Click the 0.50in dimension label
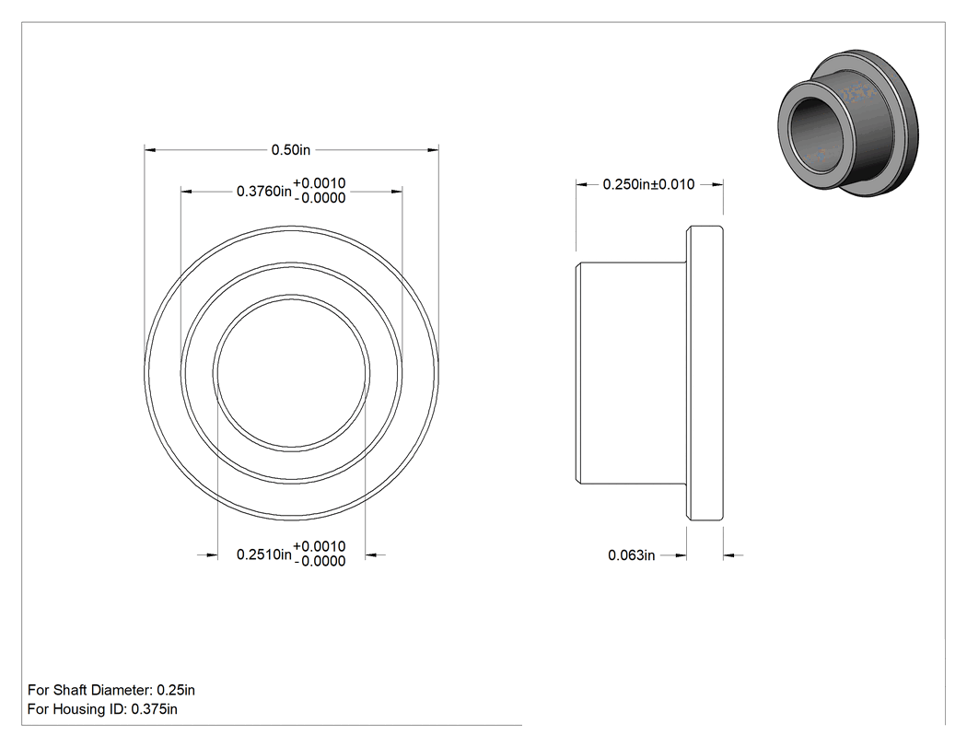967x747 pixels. [291, 150]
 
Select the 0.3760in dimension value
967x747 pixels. [264, 192]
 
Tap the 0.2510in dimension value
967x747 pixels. [264, 554]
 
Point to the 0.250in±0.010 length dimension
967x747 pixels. [648, 184]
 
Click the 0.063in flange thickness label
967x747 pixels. [632, 555]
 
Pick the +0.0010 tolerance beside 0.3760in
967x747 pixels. [319, 183]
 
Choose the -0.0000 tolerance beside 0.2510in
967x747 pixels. [320, 561]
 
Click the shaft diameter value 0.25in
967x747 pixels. [176, 690]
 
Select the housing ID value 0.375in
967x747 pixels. [154, 709]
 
